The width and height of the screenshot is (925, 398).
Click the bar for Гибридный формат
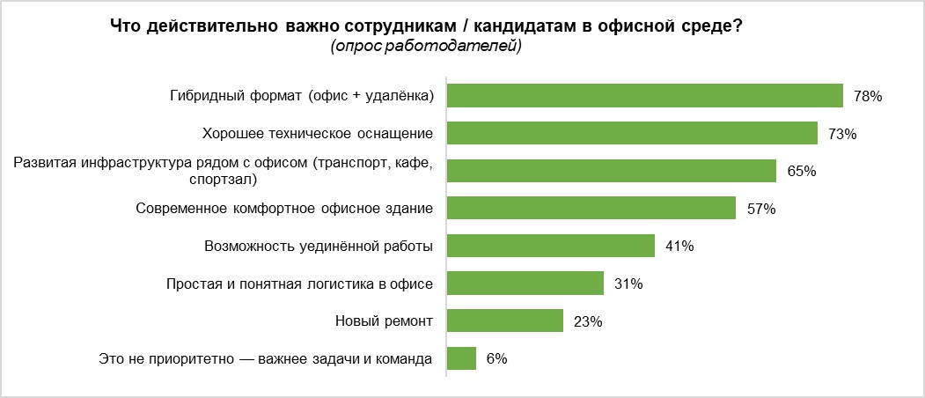coord(645,95)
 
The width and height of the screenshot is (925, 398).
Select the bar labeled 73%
coord(634,133)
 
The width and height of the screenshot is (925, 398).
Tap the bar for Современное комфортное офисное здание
coord(591,208)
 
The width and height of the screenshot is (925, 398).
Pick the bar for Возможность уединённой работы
coord(551,246)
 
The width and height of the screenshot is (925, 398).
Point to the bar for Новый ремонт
coord(505,321)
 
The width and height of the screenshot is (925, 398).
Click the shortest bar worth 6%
coord(462,358)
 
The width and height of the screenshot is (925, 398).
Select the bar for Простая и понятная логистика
coord(525,284)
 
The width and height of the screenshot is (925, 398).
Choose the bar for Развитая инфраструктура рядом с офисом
coord(612,171)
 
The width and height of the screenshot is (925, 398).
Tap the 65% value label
coord(801,171)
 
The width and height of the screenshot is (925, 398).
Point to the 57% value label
coord(760,209)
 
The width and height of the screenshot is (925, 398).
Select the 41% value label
coord(679,247)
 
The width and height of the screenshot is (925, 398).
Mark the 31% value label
coord(628,284)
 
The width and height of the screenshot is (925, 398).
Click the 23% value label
coord(587,321)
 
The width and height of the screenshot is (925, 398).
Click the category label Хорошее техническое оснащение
coord(318,134)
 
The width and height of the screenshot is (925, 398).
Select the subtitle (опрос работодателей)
coord(426,46)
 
